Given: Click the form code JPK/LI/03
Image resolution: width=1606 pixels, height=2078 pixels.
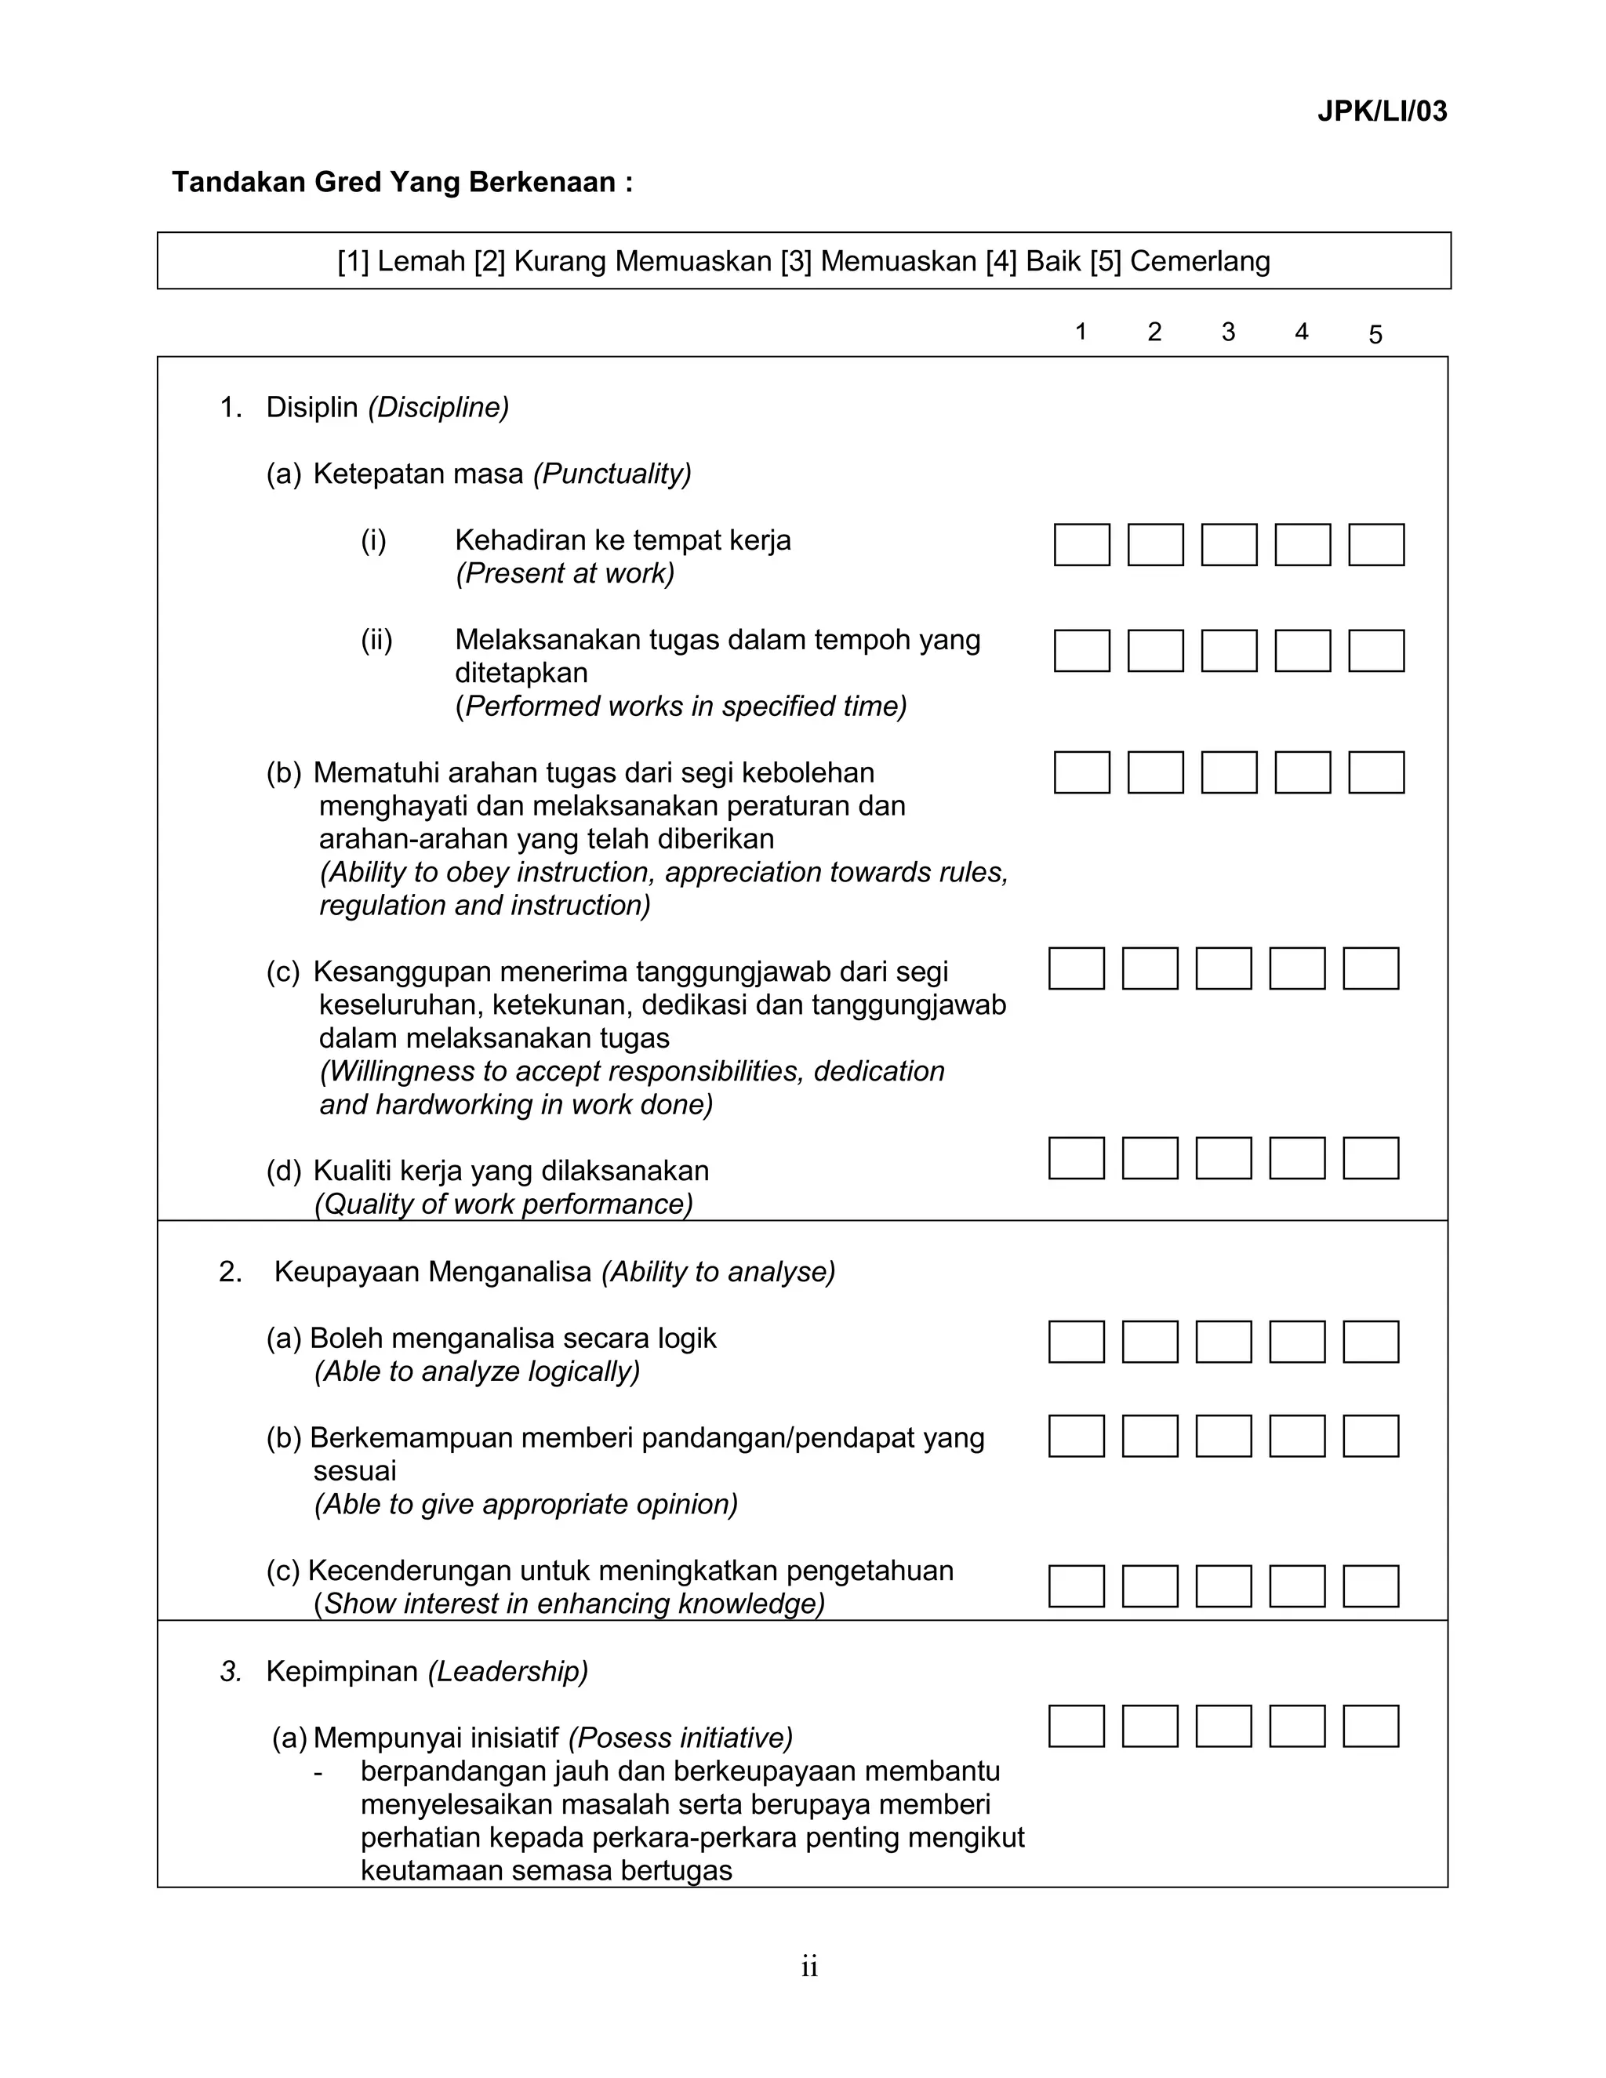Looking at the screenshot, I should pyautogui.click(x=1382, y=111).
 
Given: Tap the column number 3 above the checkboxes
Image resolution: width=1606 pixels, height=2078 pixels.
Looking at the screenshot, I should pyautogui.click(x=1227, y=331).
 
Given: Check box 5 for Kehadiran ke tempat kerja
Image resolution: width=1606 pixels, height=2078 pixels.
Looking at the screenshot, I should pyautogui.click(x=1375, y=544).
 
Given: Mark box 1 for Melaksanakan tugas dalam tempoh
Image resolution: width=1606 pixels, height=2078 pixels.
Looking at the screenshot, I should pyautogui.click(x=1081, y=651).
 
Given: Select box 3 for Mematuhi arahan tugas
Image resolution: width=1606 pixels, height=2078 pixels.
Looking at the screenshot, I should pyautogui.click(x=1228, y=772).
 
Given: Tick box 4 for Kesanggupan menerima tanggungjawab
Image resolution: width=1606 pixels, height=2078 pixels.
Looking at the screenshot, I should pyautogui.click(x=1297, y=968).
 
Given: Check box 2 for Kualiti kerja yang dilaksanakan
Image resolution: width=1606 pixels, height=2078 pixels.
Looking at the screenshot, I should pyautogui.click(x=1150, y=1158).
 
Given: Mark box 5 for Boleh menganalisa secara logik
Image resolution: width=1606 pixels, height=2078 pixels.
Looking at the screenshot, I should pyautogui.click(x=1370, y=1342).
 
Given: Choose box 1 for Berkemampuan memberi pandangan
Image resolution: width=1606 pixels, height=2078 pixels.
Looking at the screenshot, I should pyautogui.click(x=1076, y=1436).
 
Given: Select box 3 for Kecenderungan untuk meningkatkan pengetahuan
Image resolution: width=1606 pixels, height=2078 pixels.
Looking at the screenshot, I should pyautogui.click(x=1223, y=1586).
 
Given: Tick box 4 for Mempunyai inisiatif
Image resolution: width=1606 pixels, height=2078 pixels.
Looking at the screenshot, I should pyautogui.click(x=1297, y=1726).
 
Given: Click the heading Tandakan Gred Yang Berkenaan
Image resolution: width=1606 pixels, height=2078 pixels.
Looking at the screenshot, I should pyautogui.click(x=401, y=182).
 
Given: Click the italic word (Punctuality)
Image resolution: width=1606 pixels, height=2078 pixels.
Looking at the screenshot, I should pyautogui.click(x=612, y=474).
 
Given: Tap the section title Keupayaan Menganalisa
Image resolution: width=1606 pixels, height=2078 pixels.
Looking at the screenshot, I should pyautogui.click(x=434, y=1272).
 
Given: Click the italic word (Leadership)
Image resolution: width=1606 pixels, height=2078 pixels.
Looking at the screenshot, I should pyautogui.click(x=507, y=1672).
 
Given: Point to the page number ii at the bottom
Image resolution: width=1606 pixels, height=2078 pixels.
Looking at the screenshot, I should pyautogui.click(x=808, y=1967).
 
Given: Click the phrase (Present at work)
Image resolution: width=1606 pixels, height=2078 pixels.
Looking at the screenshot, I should pyautogui.click(x=565, y=574).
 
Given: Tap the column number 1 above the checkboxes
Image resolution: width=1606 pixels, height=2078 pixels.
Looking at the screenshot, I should pyautogui.click(x=1080, y=331).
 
